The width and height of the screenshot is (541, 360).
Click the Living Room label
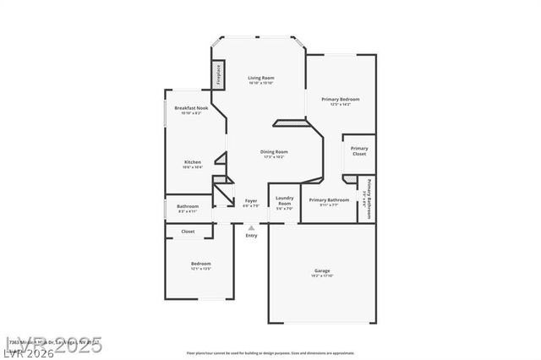[261, 78]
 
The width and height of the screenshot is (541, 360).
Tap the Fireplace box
[218, 75]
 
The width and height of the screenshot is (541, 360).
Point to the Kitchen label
[193, 161]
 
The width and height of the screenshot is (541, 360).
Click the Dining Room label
[273, 151]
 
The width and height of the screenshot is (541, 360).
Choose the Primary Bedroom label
[340, 99]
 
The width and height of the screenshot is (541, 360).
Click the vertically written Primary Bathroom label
[369, 199]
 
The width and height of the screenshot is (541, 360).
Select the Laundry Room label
[285, 202]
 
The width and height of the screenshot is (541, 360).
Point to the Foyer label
[251, 200]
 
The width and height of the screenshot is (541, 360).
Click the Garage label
[322, 270]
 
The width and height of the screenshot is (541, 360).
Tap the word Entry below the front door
[251, 235]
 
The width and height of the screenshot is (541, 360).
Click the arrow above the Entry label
[251, 227]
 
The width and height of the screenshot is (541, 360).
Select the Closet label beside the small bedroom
[188, 231]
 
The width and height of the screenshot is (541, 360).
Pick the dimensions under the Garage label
[322, 276]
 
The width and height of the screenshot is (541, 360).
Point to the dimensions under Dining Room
[273, 156]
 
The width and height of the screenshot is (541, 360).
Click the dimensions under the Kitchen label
[193, 166]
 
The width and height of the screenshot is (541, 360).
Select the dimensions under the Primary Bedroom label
[340, 104]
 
